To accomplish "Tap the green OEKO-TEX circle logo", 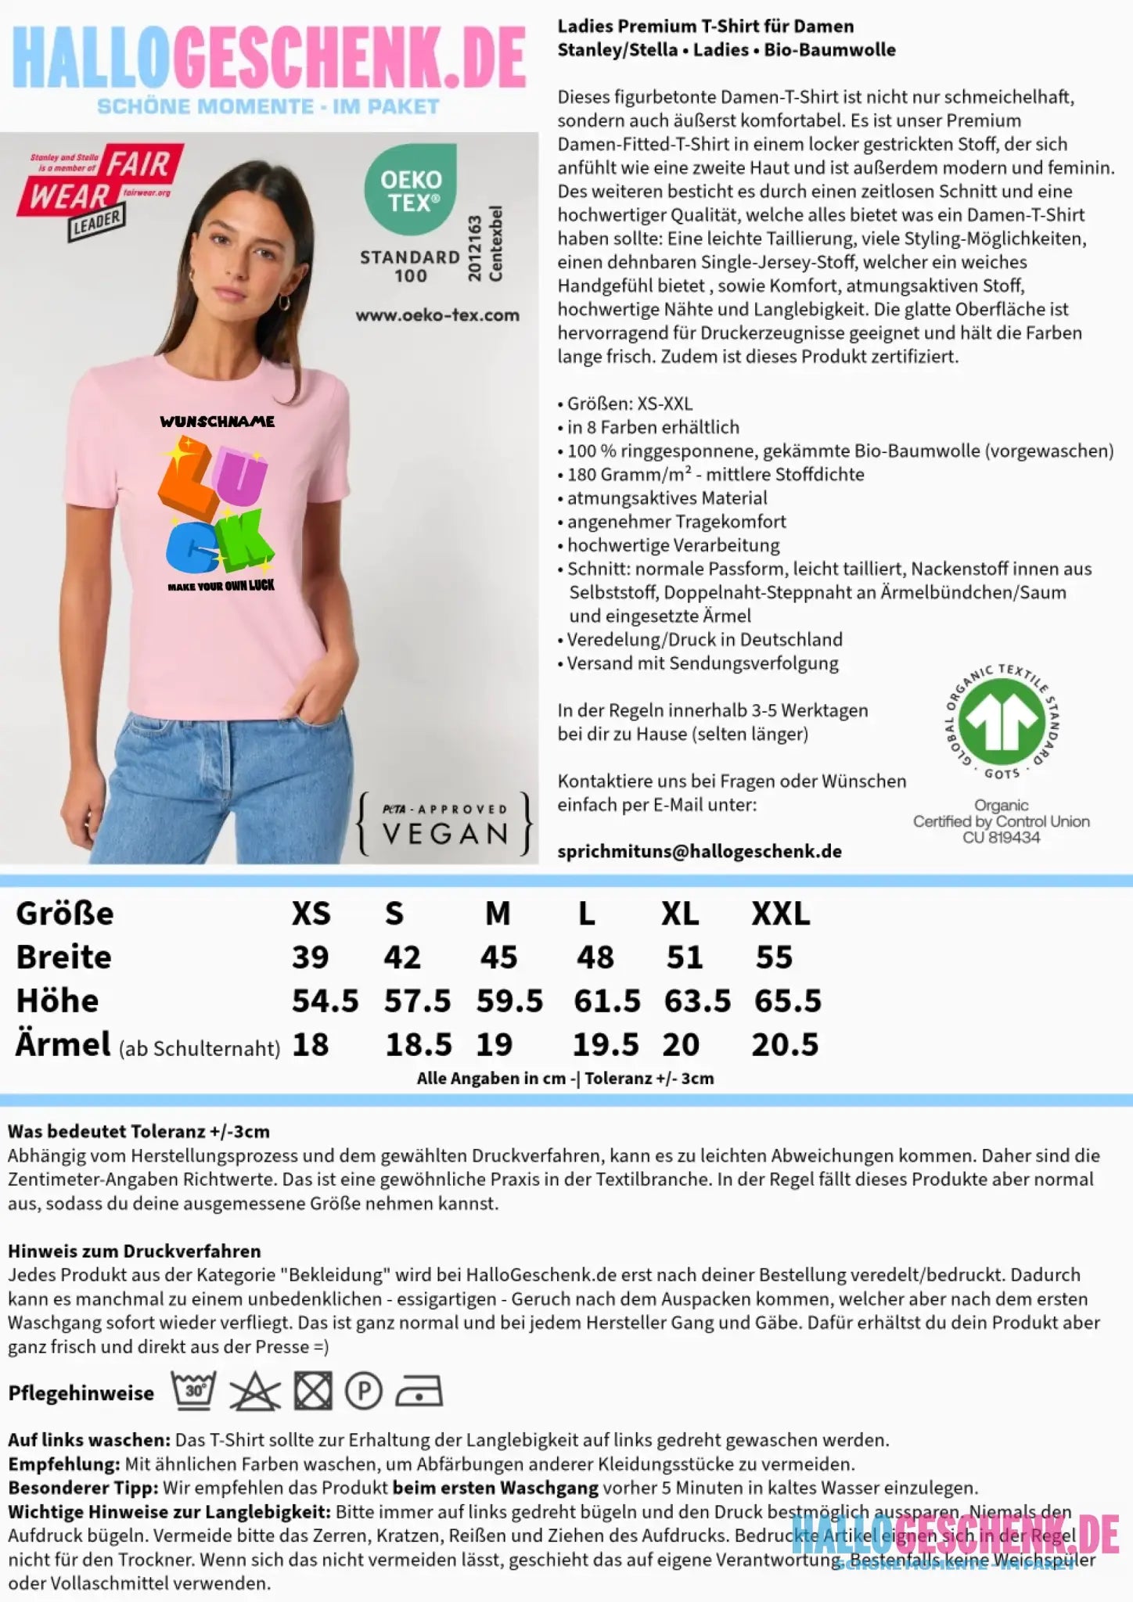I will pos(411,189).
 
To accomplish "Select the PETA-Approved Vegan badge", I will pos(444,824).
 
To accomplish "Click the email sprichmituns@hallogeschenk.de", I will pos(699,851).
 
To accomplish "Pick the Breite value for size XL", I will pos(685,957).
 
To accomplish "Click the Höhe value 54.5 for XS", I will pos(325,1001).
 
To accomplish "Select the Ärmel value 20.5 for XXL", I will pos(785,1045).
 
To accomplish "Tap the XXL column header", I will pos(780,914).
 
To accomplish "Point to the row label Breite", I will pos(64,957).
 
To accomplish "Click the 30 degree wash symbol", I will pos(193,1391).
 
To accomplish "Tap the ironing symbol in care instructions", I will pos(419,1392).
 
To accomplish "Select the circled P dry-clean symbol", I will pos(363,1392).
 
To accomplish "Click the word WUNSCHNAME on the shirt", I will pos(218,422).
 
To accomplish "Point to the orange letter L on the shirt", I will pos(188,481).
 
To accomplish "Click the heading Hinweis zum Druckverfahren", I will pos(134,1251).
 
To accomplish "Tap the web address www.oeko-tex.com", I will pos(437,315).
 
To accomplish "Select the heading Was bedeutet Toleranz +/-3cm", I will pos(138,1131).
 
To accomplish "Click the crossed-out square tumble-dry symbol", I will pos(313,1392).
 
